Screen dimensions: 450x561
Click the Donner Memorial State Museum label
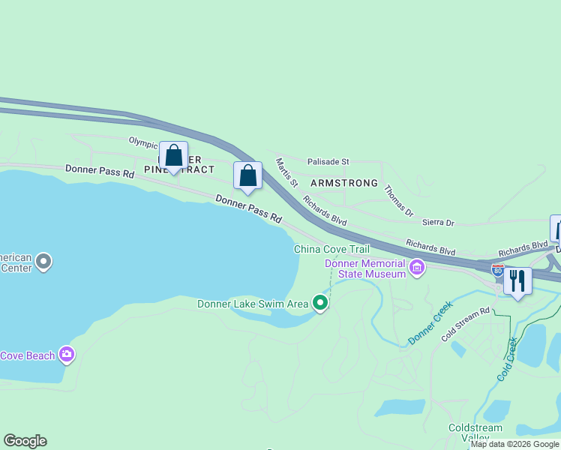tap(366, 268)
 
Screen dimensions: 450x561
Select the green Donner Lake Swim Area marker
tap(320, 303)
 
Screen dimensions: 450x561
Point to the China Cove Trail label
tap(331, 249)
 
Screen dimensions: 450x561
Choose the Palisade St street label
tap(328, 161)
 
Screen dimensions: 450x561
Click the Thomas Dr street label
tap(398, 201)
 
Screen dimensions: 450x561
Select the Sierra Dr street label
tap(439, 223)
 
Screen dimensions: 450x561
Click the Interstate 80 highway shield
tap(498, 268)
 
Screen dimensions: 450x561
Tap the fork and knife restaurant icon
tap(517, 281)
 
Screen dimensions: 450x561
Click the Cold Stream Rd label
tap(465, 324)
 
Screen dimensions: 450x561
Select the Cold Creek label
tap(507, 359)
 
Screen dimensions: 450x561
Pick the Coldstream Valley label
tap(475, 433)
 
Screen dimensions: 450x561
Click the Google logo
tap(25, 441)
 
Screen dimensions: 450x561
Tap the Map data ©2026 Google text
tap(514, 444)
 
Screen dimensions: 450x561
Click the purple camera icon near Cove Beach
tap(67, 354)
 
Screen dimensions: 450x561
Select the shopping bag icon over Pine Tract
tap(173, 156)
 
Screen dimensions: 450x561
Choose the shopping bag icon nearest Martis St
tap(248, 176)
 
